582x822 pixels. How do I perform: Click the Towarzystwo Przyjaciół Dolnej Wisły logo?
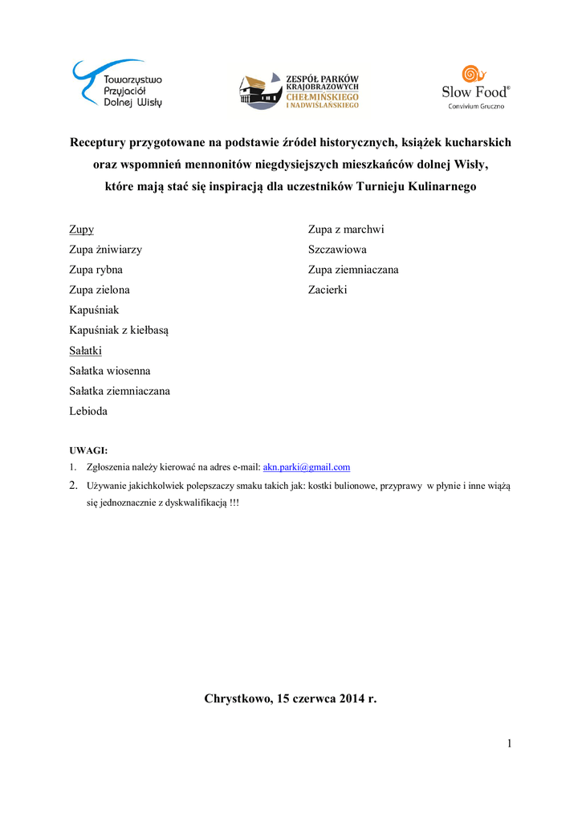(x=117, y=83)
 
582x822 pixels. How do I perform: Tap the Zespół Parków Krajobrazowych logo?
(x=299, y=91)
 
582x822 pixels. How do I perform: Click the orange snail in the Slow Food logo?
(x=474, y=74)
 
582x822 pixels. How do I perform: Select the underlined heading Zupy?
(x=82, y=230)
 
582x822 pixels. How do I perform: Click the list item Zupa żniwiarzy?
(x=106, y=250)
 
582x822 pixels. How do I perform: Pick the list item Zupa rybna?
(x=96, y=270)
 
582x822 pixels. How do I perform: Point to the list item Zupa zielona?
(x=100, y=290)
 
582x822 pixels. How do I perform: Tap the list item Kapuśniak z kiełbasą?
(x=119, y=330)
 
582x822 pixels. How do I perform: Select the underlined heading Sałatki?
(x=86, y=351)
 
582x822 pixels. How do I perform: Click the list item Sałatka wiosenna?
(x=110, y=371)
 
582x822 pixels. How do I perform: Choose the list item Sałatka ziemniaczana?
(x=120, y=391)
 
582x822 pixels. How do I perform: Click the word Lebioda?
(x=88, y=411)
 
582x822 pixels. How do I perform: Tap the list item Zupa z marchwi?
(x=346, y=230)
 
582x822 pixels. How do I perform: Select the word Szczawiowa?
(x=337, y=250)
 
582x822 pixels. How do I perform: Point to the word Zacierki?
(x=328, y=290)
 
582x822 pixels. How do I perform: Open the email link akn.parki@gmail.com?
(x=307, y=466)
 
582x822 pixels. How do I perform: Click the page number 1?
(x=509, y=743)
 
